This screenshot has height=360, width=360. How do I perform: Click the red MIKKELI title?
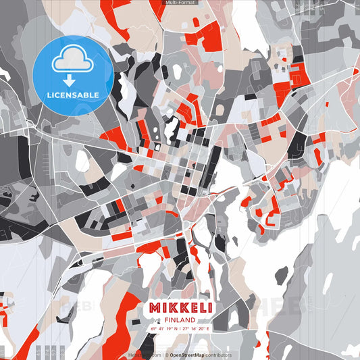pos(180,307)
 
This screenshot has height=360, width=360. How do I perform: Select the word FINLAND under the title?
pos(180,319)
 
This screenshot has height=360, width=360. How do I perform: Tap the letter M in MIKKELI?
pos(153,307)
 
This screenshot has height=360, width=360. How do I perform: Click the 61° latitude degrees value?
pos(153,329)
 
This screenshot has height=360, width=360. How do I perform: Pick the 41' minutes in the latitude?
pos(160,329)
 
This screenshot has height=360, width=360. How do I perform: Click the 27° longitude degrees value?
pos(186,329)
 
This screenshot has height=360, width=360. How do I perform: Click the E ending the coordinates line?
pos(209,329)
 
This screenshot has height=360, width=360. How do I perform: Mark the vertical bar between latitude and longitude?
pos(180,329)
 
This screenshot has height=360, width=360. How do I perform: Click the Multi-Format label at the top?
pos(180,3)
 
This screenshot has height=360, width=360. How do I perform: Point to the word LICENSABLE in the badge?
pos(72,95)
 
